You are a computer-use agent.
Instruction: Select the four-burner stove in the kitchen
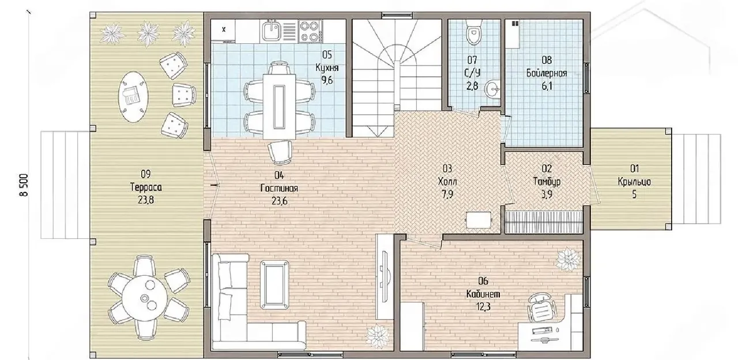point(310,31)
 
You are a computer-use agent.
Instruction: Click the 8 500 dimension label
point(24,185)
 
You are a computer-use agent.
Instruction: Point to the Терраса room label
point(146,187)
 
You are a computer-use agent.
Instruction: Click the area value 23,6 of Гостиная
point(280,200)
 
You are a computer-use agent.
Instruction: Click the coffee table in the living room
point(275,284)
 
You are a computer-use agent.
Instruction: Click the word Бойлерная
point(547,73)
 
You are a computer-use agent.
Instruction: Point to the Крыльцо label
point(634,182)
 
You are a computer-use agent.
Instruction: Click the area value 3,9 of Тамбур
point(547,194)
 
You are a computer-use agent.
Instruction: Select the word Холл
point(447,181)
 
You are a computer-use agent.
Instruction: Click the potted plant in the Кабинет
point(567,260)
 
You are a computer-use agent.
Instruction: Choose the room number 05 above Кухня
point(327,54)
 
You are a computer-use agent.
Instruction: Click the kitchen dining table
point(280,106)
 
